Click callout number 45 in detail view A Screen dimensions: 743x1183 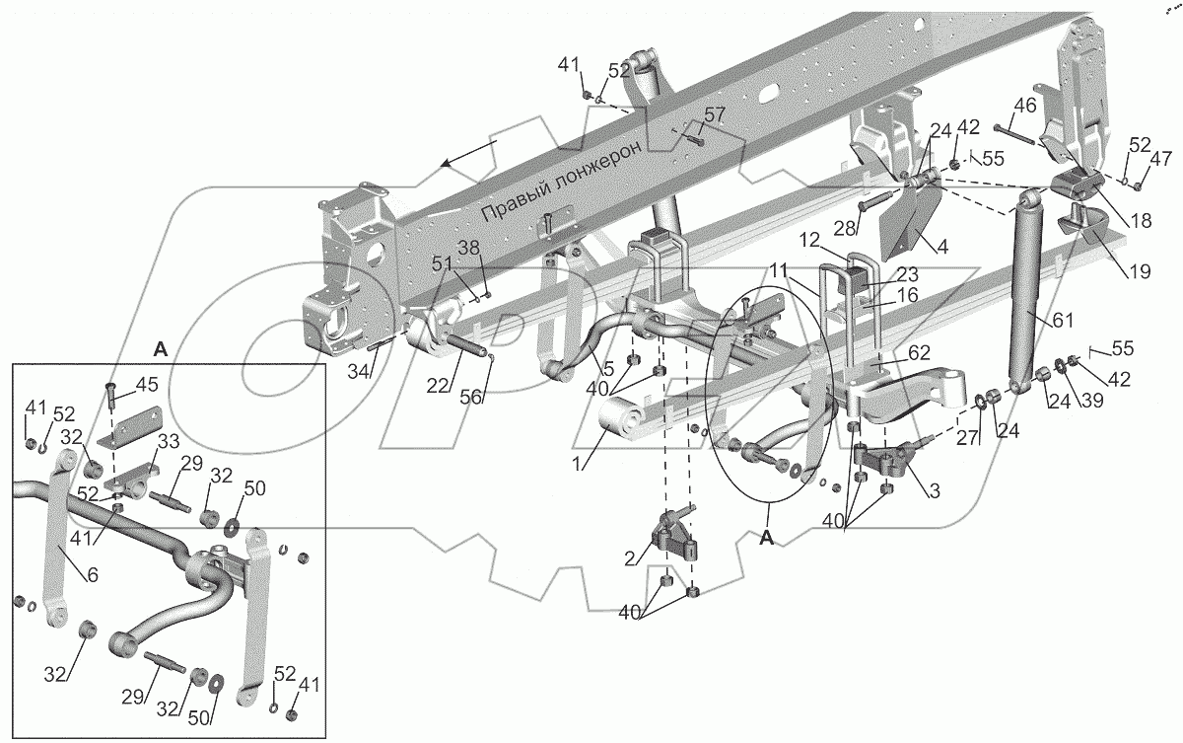point(147,385)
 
